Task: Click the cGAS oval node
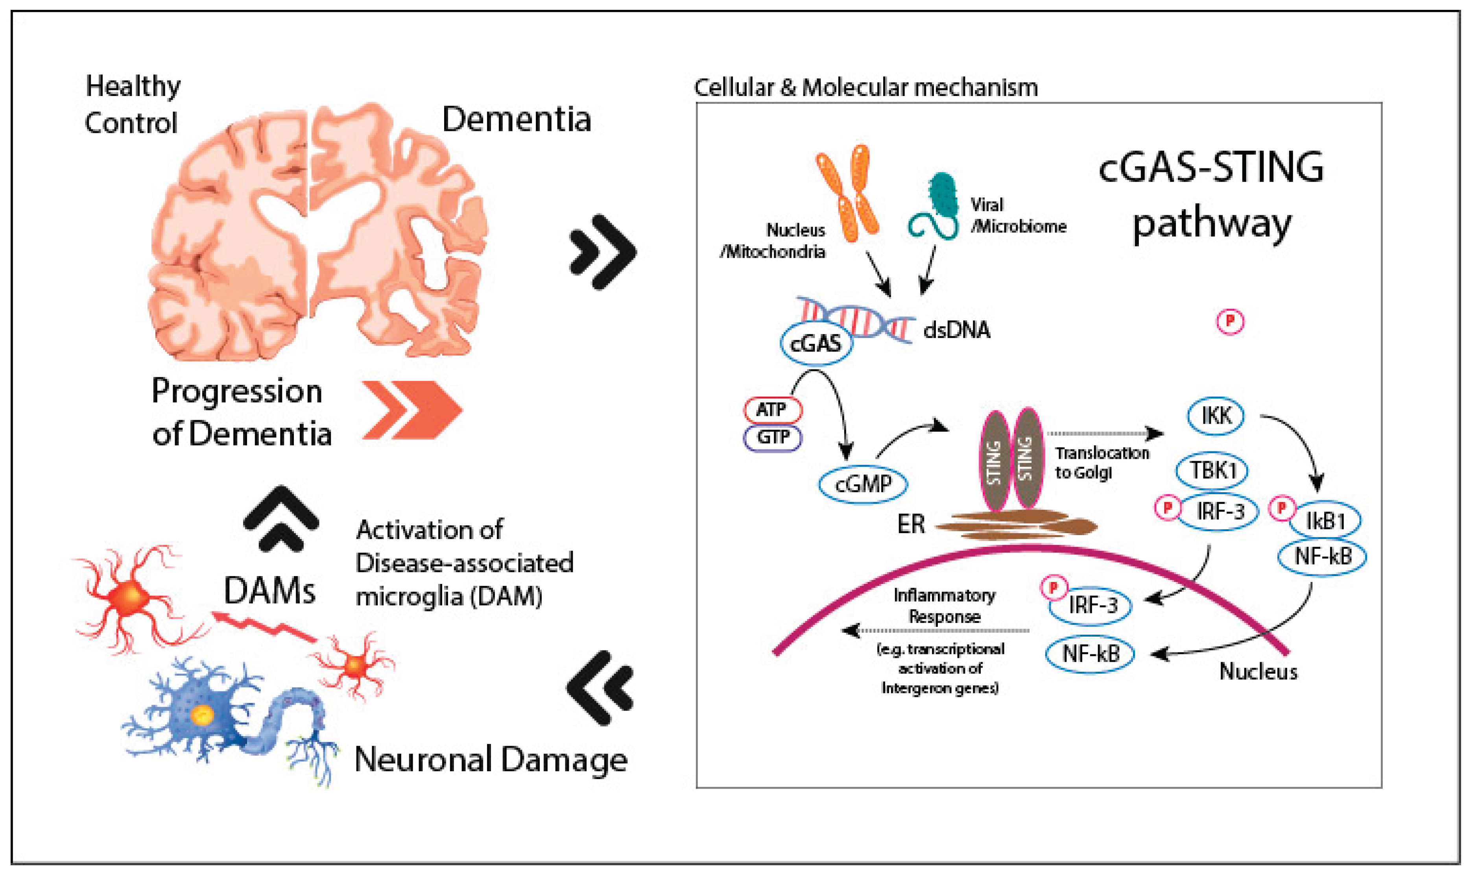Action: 816,343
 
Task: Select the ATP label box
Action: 772,410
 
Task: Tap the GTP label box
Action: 772,438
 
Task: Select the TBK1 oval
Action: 1212,471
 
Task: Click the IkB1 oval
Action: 1325,521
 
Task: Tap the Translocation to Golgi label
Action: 1101,462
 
